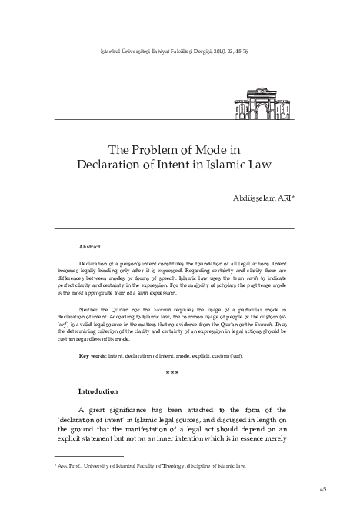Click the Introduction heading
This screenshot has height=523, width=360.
[x=98, y=391]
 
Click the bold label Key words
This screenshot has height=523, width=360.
[x=95, y=356]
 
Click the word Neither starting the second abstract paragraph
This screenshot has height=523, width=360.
[x=90, y=306]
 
